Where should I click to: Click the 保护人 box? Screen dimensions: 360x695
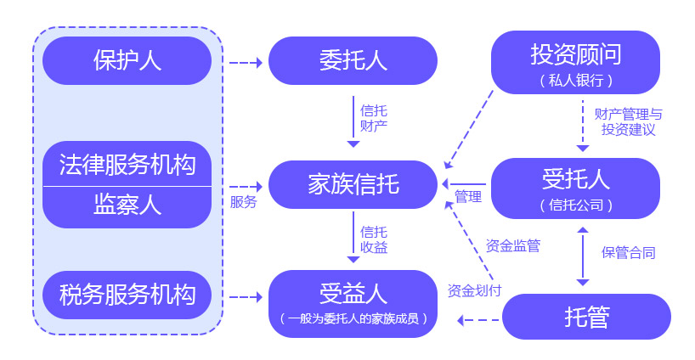click(x=127, y=60)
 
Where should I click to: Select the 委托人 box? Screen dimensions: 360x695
click(x=353, y=60)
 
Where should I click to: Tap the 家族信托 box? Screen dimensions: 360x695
click(x=353, y=183)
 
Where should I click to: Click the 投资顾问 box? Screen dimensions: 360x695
click(x=575, y=62)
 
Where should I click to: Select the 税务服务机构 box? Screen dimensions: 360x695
click(x=127, y=294)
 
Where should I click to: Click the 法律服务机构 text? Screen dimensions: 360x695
click(x=127, y=164)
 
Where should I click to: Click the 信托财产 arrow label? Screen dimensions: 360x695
click(x=374, y=118)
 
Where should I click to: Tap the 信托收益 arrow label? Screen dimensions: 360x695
click(x=374, y=239)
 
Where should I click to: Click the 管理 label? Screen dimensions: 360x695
click(x=468, y=198)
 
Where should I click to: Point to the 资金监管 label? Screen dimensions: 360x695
click(x=513, y=246)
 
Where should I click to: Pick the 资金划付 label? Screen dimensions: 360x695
click(x=474, y=290)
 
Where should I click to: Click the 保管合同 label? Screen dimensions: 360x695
click(x=628, y=252)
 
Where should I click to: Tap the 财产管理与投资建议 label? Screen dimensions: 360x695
click(x=629, y=121)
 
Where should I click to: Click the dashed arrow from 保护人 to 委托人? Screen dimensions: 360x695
click(x=246, y=62)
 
